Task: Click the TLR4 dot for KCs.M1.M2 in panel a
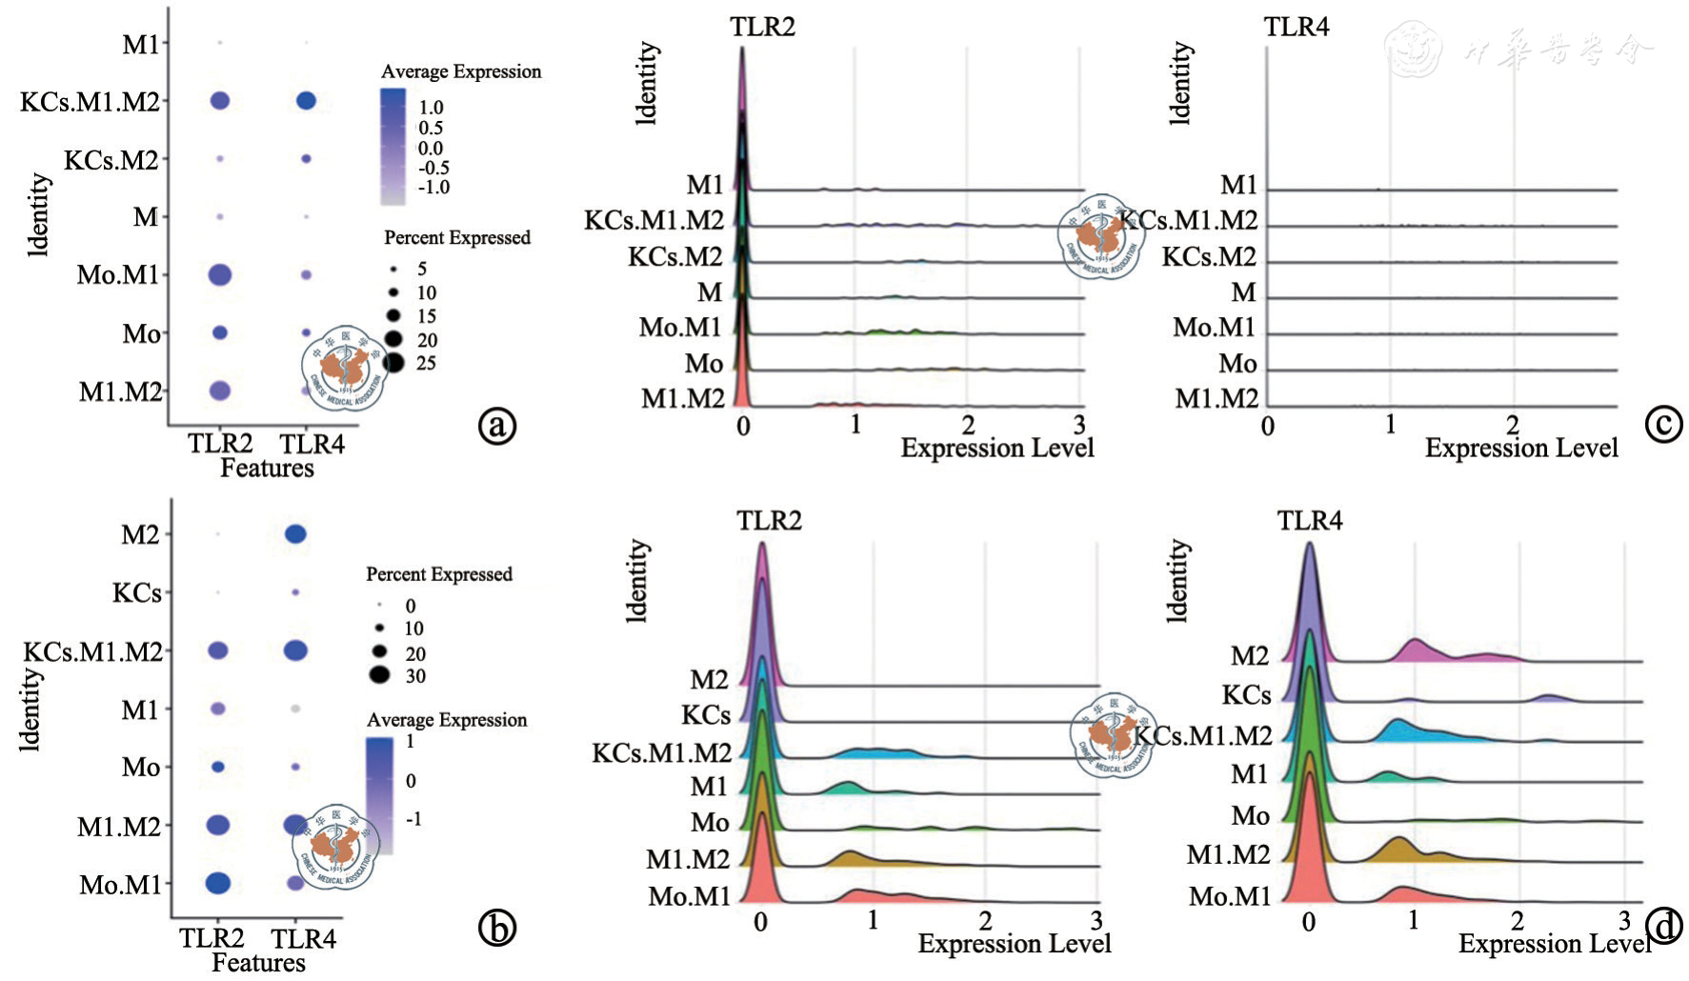(x=306, y=100)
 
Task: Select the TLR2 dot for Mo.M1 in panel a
(x=219, y=275)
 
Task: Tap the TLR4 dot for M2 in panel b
(x=295, y=534)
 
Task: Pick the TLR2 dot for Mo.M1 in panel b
(x=217, y=883)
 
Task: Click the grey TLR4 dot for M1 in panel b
(x=295, y=709)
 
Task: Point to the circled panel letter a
(x=496, y=425)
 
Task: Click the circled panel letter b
(x=496, y=927)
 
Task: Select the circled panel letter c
(x=1663, y=424)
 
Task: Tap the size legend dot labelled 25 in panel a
(x=394, y=363)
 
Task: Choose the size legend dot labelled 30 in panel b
(x=380, y=676)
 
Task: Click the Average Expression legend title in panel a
(x=461, y=71)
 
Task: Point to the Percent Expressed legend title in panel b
(x=439, y=574)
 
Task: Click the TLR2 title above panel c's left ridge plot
(x=762, y=27)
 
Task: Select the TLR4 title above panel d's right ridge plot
(x=1309, y=521)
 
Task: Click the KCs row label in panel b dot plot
(x=137, y=592)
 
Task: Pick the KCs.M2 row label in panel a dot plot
(x=111, y=160)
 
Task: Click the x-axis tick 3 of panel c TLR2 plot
(x=1078, y=425)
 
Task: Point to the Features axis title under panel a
(x=267, y=468)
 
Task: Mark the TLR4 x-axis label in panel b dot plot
(x=303, y=939)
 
